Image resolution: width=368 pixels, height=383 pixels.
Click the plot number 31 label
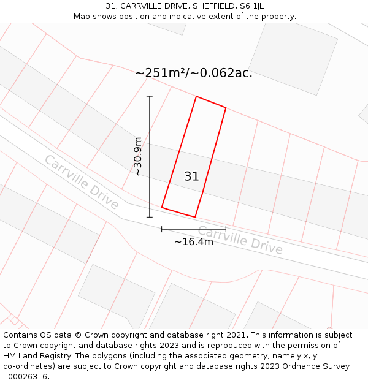click(x=191, y=176)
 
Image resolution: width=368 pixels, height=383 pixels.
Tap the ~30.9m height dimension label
click(x=138, y=156)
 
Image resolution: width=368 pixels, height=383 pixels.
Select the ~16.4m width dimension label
click(x=194, y=241)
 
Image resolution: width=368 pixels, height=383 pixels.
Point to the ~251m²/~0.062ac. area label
click(x=194, y=73)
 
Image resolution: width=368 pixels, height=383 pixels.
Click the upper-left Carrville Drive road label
click(x=81, y=182)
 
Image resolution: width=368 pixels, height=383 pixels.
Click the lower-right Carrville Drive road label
click(x=240, y=240)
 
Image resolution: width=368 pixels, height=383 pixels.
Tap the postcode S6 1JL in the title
click(x=251, y=6)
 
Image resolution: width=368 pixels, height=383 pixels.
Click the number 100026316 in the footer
click(x=26, y=377)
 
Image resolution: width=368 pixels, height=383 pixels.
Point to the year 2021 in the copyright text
click(x=236, y=335)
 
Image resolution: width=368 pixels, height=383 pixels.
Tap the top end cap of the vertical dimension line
click(x=150, y=96)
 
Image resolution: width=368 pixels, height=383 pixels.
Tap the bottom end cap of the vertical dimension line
click(x=150, y=217)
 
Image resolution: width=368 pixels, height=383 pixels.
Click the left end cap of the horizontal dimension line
click(x=162, y=229)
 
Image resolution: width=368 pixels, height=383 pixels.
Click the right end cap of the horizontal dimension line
click(x=226, y=229)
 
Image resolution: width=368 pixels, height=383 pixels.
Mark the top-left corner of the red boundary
click(x=196, y=96)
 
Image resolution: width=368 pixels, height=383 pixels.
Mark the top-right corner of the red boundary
click(x=226, y=108)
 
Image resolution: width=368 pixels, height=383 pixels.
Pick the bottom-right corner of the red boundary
click(x=195, y=217)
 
